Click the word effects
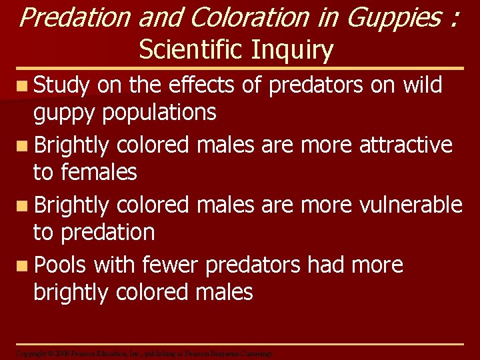tap(201, 85)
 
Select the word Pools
tap(61, 265)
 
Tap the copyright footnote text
tap(143, 353)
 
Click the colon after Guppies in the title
tap(453, 19)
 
